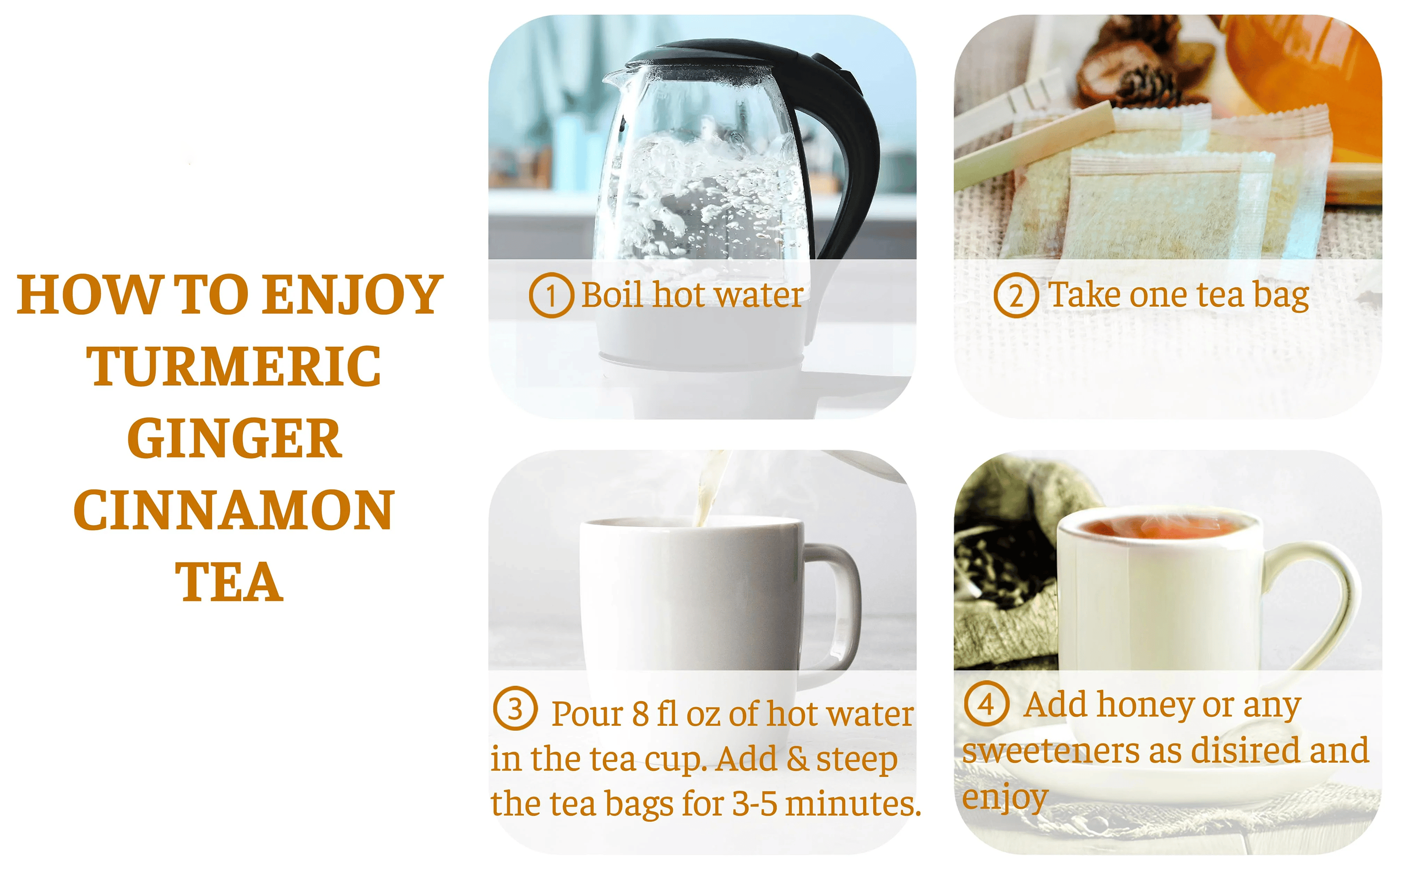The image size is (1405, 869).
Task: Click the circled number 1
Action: coord(551,295)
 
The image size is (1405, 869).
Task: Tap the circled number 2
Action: coord(1016,295)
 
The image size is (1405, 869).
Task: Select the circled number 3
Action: coord(515,708)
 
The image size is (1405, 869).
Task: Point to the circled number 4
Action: coord(987,704)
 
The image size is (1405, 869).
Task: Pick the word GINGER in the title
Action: coord(234,438)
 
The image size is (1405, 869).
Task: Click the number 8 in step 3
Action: coord(641,714)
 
